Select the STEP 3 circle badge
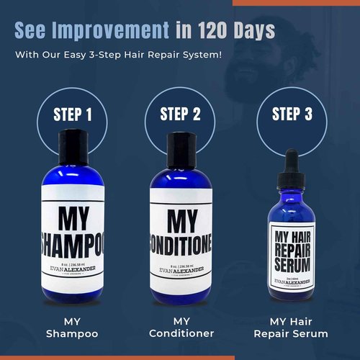point(292,114)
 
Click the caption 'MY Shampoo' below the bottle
point(70,326)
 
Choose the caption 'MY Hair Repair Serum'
point(292,326)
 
